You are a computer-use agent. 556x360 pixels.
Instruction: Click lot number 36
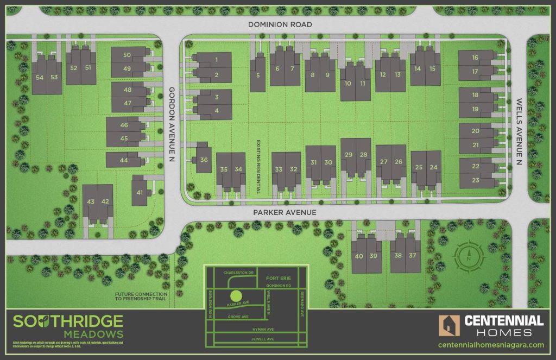(x=204, y=160)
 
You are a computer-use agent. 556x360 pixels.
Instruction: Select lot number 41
(x=140, y=193)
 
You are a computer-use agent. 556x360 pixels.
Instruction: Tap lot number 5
(x=257, y=75)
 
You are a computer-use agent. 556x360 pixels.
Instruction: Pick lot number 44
(x=124, y=161)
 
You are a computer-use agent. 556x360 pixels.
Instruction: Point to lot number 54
(x=40, y=78)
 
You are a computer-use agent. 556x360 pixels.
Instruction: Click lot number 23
(x=475, y=180)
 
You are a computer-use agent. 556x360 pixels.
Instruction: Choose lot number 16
(x=475, y=58)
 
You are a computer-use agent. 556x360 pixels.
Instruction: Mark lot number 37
(x=413, y=256)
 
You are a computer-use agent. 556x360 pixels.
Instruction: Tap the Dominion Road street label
(x=280, y=24)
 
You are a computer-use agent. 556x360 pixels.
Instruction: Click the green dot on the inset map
(x=235, y=296)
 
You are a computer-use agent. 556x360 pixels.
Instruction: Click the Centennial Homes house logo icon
(x=449, y=326)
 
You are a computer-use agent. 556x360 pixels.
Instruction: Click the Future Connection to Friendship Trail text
(x=140, y=298)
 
